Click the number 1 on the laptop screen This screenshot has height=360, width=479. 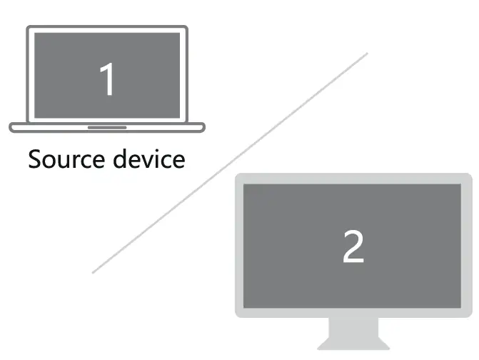click(x=106, y=79)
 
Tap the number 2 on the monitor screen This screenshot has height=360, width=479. click(x=353, y=246)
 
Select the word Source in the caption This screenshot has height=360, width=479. click(x=65, y=159)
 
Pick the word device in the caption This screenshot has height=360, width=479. click(x=148, y=159)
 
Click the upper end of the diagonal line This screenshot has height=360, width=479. click(x=366, y=54)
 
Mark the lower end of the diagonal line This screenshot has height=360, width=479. click(x=94, y=272)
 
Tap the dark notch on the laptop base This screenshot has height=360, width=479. click(x=107, y=127)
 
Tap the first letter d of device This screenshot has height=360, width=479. click(x=119, y=159)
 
